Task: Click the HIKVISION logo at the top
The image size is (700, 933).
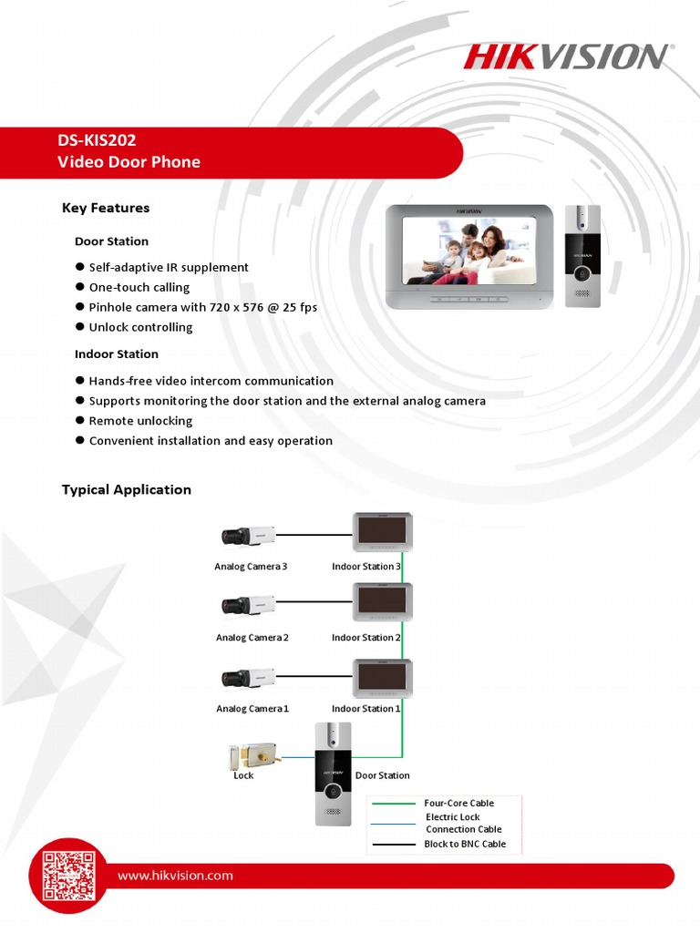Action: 564,56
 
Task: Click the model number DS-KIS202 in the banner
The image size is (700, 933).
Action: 97,140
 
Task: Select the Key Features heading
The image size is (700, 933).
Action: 106,208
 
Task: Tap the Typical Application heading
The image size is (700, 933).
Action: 127,489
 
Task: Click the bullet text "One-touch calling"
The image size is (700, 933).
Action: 139,287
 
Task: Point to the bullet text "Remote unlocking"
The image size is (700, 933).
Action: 140,421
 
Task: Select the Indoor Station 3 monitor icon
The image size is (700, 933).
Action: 383,531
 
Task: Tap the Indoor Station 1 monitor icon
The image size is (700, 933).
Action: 383,679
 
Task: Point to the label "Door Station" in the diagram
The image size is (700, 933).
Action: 382,775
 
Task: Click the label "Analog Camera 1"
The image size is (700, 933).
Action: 252,709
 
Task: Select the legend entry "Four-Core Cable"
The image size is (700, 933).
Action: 459,803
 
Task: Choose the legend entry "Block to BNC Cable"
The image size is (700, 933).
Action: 465,844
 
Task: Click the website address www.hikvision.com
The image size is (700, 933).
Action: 175,876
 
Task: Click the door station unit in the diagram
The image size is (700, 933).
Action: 333,774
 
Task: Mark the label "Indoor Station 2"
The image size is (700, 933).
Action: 366,638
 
